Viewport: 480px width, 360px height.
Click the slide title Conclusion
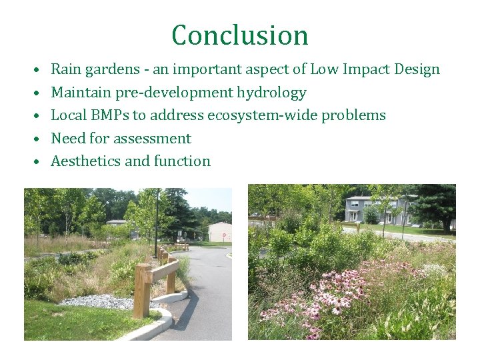[240, 35]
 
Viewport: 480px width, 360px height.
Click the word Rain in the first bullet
[65, 69]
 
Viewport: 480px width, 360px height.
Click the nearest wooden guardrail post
[141, 291]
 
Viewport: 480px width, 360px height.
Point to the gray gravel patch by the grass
[100, 301]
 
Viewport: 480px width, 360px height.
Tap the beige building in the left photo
[219, 232]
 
